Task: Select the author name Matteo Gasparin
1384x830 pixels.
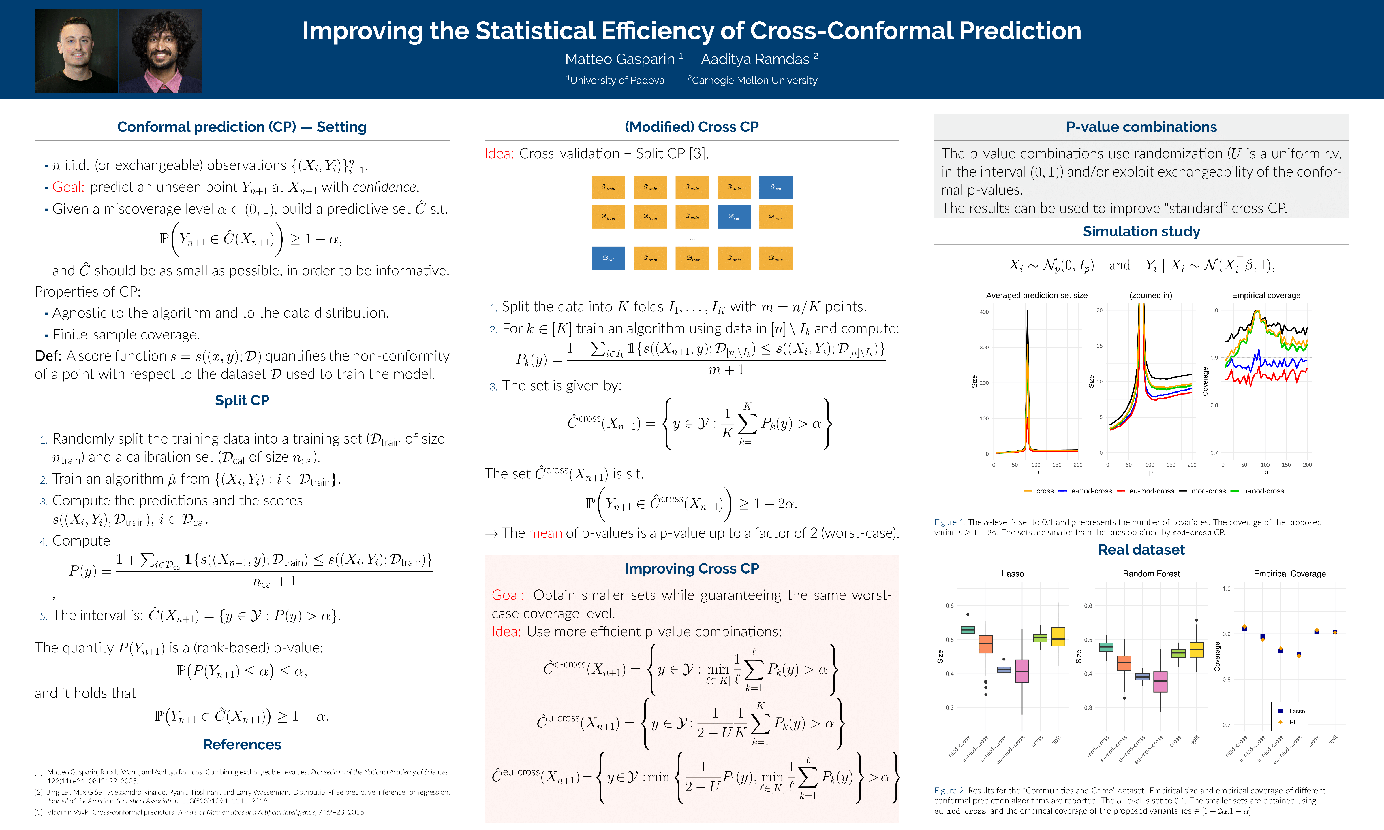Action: click(x=619, y=59)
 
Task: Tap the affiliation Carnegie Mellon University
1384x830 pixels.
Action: click(x=754, y=80)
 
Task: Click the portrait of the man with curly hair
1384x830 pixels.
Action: click(x=160, y=51)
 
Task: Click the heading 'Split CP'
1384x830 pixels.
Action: click(x=242, y=401)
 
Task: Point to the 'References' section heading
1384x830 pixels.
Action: click(x=242, y=744)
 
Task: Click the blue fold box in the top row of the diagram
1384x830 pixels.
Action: click(x=776, y=187)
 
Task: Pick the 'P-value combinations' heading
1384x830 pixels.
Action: click(x=1141, y=127)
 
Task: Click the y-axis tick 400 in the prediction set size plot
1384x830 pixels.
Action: click(x=984, y=312)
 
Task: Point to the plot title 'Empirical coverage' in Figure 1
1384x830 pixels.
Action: click(x=1266, y=295)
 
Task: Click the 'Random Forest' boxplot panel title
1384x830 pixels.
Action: click(x=1151, y=574)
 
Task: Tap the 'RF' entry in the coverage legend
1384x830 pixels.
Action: click(x=1293, y=722)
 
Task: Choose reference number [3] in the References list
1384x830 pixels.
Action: click(x=39, y=812)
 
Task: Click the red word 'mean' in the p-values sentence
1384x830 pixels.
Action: click(x=545, y=533)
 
